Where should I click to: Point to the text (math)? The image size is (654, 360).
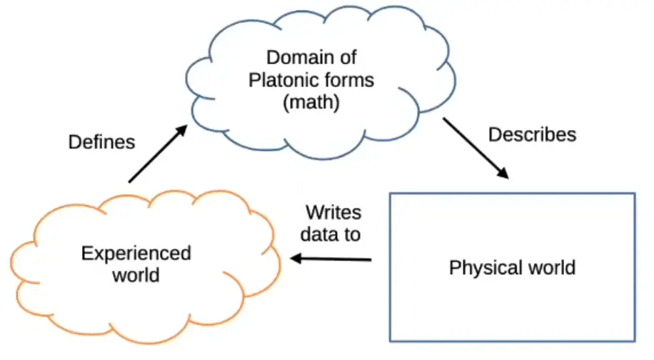(x=311, y=103)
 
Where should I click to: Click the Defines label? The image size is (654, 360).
(x=101, y=142)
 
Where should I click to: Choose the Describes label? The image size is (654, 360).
(x=532, y=134)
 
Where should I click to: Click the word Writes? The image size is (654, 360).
(x=333, y=212)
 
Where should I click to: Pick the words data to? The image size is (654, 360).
(x=330, y=234)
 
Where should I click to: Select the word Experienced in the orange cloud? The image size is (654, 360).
(x=136, y=253)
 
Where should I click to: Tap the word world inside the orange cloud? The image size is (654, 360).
(x=136, y=275)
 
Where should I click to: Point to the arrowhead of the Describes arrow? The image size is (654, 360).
(x=504, y=174)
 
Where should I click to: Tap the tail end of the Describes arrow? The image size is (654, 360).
(x=445, y=120)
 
